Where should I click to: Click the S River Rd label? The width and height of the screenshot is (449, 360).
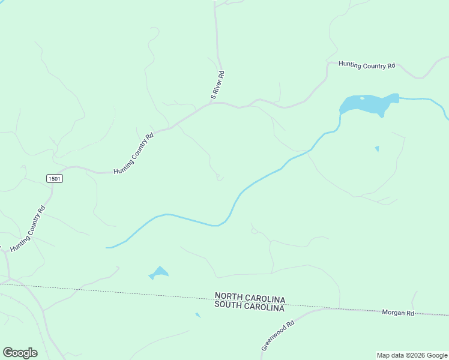[x=217, y=85]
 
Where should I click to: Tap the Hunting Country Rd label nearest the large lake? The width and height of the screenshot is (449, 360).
[x=367, y=65]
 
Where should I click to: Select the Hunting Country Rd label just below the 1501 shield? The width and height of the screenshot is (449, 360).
[x=28, y=229]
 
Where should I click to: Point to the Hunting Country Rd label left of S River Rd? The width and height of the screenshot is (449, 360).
[x=134, y=154]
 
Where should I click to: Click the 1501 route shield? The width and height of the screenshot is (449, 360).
[x=55, y=179]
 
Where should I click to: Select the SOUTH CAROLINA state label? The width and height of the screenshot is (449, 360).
[x=249, y=307]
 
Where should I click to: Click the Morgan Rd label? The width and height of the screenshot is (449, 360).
[x=398, y=313]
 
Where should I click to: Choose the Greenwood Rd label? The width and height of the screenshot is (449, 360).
[x=278, y=335]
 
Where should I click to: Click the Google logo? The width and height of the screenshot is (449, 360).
[x=20, y=353]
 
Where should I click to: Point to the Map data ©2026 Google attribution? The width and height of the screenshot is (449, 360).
[x=412, y=355]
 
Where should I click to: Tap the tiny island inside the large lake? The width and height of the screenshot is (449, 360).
[x=362, y=98]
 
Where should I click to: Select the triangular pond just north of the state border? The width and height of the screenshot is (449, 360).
[x=158, y=273]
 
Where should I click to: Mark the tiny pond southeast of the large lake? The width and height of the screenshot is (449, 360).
[x=376, y=148]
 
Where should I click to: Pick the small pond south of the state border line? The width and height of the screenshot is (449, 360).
[x=197, y=314]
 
